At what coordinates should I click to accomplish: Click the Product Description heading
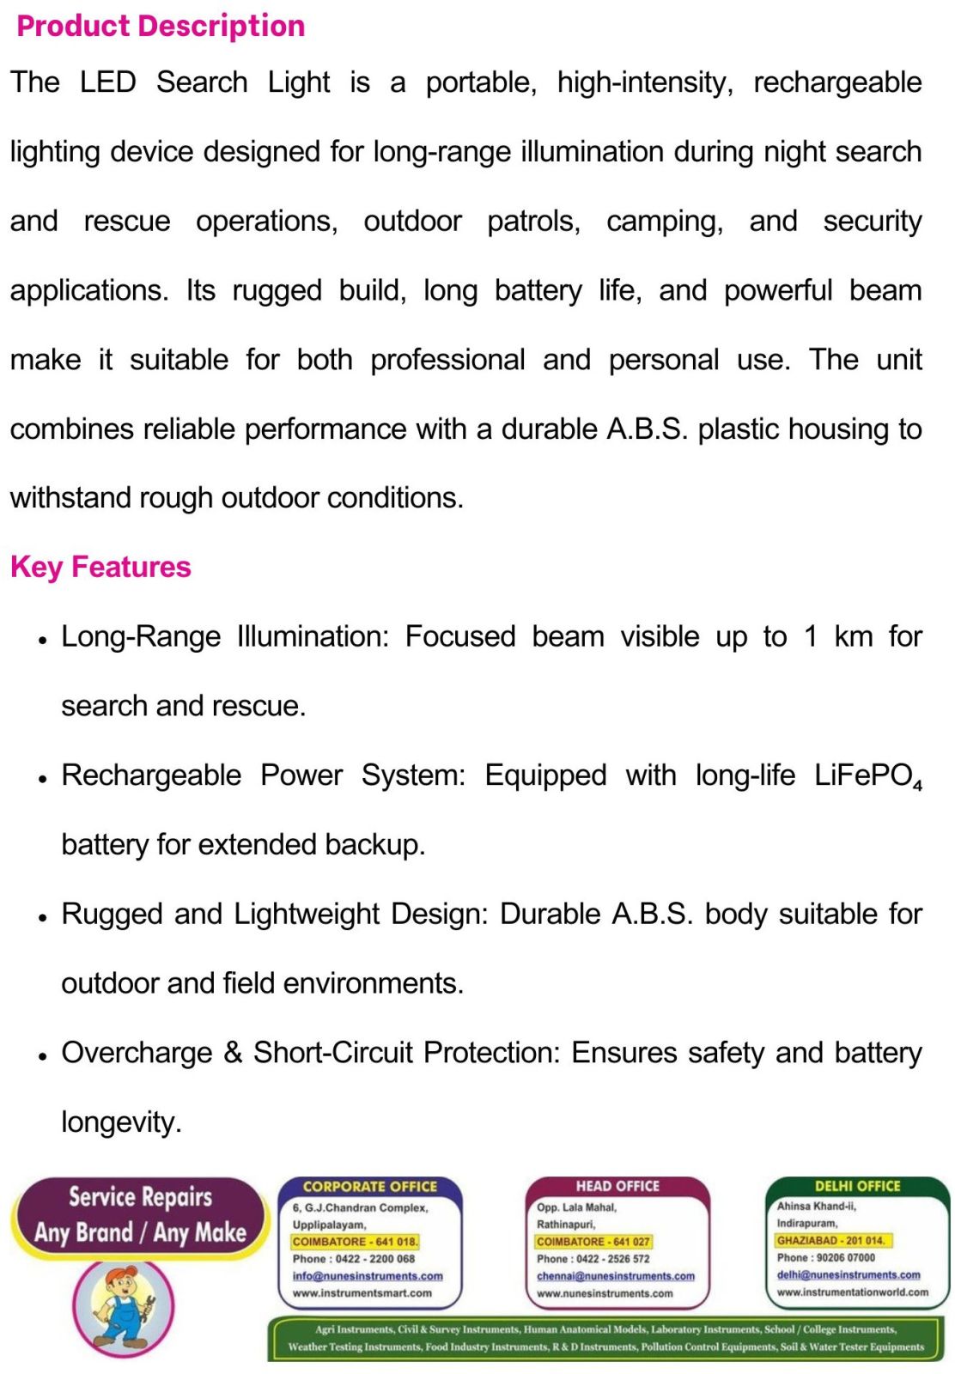pos(161,26)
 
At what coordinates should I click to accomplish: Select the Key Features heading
pos(100,567)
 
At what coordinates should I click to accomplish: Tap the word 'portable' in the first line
pos(480,82)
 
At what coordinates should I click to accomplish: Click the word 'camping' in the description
pos(664,222)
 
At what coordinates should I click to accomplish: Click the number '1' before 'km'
pos(810,637)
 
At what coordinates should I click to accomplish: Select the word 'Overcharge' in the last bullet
pos(137,1053)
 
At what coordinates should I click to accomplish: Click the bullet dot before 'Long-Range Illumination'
pos(42,640)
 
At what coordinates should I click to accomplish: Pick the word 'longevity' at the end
pos(120,1122)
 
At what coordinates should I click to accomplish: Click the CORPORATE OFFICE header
pos(370,1186)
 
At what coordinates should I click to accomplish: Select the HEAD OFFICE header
pos(617,1186)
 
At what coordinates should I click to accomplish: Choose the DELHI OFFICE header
pos(857,1186)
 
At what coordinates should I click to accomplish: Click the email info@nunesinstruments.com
pos(368,1276)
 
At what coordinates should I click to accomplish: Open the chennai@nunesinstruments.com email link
pos(615,1276)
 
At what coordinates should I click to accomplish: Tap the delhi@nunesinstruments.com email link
pos(848,1275)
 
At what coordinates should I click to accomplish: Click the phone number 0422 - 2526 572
pos(612,1259)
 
